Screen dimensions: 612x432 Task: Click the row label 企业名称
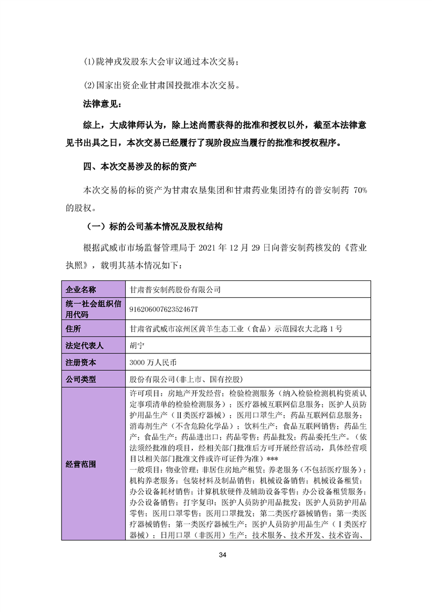tap(81, 289)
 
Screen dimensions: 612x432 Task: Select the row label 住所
tap(73, 328)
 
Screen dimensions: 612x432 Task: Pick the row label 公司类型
tap(81, 379)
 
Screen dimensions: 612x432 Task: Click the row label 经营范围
tap(81, 465)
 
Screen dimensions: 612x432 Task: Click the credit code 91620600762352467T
tap(163, 309)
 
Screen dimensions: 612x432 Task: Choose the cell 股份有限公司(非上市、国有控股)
tap(185, 379)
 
